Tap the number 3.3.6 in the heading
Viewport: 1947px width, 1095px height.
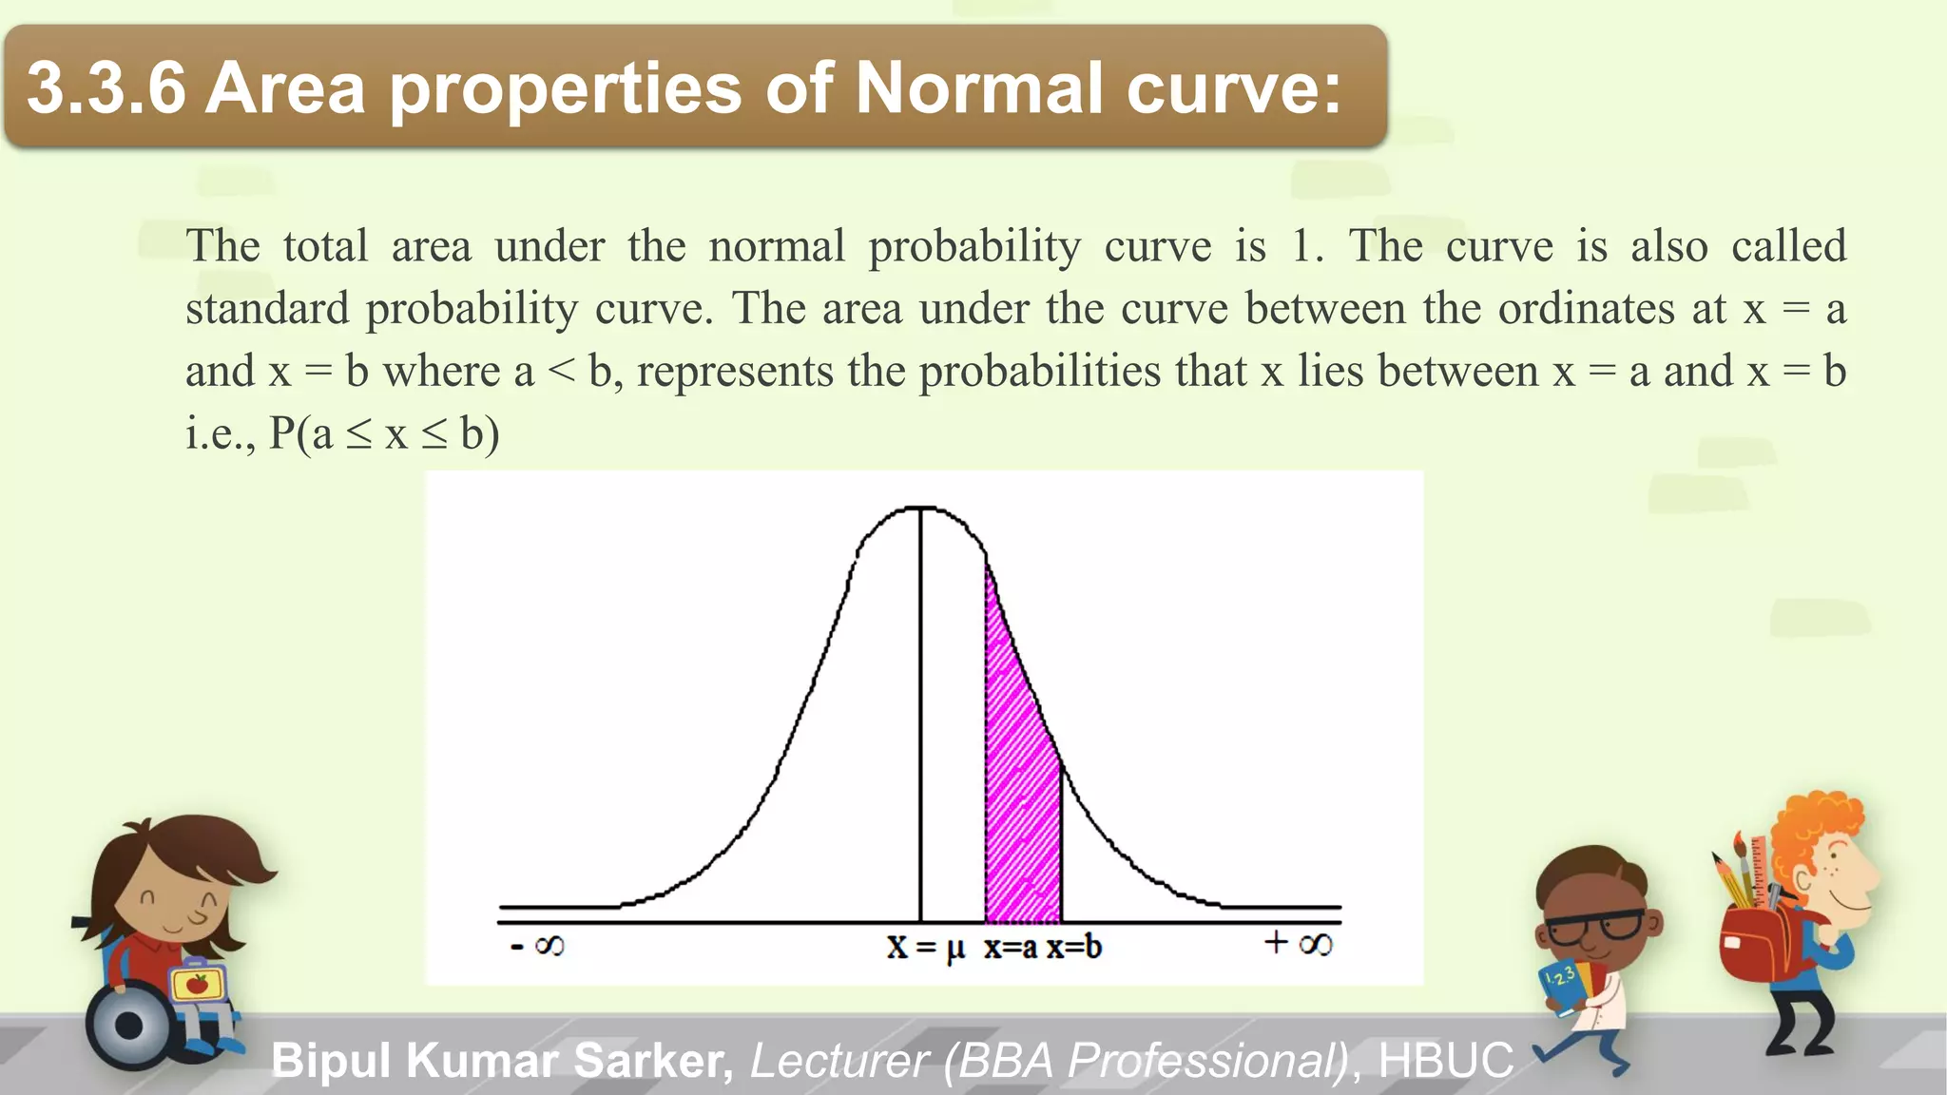point(106,87)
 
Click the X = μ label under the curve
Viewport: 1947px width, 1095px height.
point(925,947)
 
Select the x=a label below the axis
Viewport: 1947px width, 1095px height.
point(1010,947)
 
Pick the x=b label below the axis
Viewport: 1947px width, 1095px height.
point(1074,947)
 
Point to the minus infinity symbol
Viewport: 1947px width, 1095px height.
point(538,946)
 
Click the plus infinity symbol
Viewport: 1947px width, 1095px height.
point(1299,944)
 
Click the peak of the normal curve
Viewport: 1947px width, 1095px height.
point(920,509)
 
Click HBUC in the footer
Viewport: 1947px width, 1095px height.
point(1445,1060)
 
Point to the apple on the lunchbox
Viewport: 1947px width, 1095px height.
point(198,983)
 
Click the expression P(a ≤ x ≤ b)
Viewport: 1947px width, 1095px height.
point(384,433)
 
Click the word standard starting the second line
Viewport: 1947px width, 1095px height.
point(267,308)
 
